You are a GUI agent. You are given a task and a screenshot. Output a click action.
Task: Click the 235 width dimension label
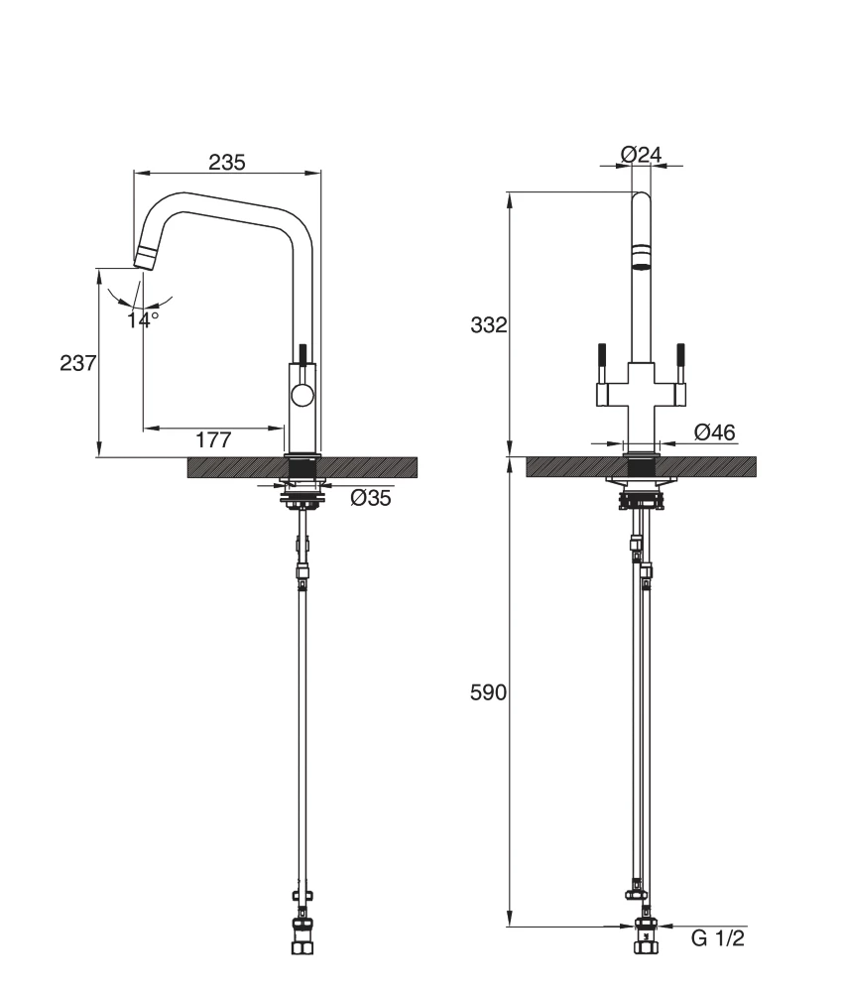(x=227, y=162)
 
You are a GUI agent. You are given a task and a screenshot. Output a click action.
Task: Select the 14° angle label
(x=143, y=319)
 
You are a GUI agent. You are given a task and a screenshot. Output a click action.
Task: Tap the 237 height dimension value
(x=78, y=363)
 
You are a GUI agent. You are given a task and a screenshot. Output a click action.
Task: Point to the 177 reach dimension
(x=212, y=440)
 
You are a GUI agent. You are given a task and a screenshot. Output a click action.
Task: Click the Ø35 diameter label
(x=370, y=499)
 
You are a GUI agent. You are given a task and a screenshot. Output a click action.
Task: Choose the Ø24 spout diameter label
(x=641, y=154)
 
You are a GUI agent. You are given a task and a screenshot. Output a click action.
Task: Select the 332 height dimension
(x=488, y=325)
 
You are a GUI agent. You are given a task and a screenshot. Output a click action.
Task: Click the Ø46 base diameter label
(x=714, y=432)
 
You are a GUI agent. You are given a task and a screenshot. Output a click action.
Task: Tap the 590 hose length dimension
(x=488, y=693)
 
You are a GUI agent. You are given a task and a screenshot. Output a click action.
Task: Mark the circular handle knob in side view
(x=301, y=397)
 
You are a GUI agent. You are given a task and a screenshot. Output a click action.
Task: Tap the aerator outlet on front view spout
(x=641, y=264)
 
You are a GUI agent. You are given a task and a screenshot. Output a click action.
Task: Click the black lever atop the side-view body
(x=301, y=355)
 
